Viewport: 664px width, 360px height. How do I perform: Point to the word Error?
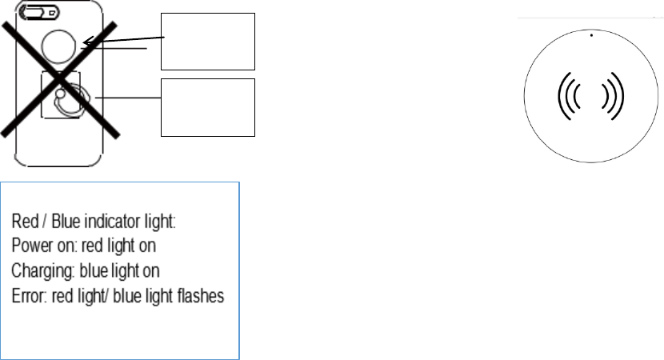26,295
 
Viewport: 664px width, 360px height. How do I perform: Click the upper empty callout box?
208,41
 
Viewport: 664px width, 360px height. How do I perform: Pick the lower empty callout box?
208,107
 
